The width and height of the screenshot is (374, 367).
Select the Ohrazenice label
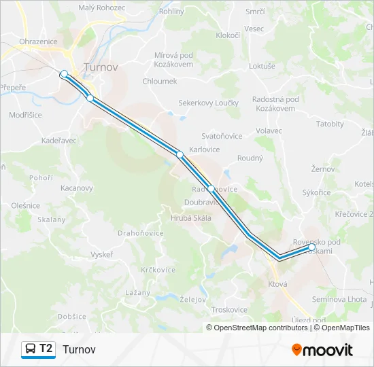click(39, 41)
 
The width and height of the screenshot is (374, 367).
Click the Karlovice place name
click(205, 148)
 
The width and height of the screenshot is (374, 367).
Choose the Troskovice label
click(228, 309)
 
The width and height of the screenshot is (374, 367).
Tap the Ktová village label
click(277, 283)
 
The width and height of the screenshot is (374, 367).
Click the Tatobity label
click(330, 124)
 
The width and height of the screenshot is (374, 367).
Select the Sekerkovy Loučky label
click(209, 103)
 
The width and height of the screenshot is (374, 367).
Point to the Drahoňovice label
click(141, 232)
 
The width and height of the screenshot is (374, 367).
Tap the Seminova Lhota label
click(339, 300)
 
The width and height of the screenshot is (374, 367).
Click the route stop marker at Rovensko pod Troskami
click(311, 247)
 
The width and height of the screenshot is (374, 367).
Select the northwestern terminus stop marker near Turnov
click(64, 73)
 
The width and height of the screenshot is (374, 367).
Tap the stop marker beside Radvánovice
click(211, 189)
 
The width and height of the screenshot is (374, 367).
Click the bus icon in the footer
click(31, 349)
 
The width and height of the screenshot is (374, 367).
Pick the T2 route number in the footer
click(46, 349)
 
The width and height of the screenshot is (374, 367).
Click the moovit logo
click(322, 350)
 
